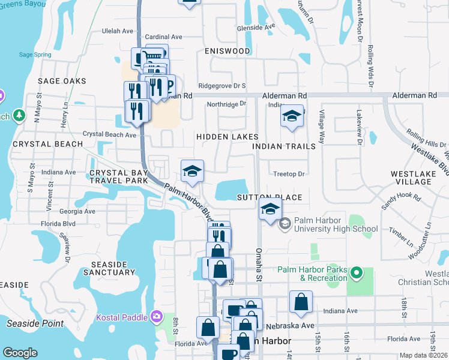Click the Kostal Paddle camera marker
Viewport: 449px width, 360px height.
click(156, 316)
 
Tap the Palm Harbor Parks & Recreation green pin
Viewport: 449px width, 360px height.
click(357, 274)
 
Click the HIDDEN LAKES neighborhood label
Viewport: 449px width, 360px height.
click(228, 137)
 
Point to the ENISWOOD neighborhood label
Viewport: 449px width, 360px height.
click(227, 51)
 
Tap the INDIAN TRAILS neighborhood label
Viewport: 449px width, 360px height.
click(284, 146)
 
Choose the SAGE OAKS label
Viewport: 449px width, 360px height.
click(62, 81)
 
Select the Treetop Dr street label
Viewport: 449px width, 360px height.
click(289, 174)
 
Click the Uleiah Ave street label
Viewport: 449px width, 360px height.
click(118, 31)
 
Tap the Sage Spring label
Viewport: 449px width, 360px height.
click(34, 55)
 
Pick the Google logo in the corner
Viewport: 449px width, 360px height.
click(20, 353)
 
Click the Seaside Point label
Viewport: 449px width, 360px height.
click(35, 323)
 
